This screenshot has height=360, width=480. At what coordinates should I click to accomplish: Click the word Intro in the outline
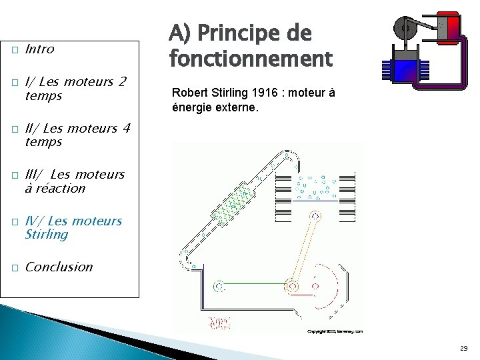click(39, 49)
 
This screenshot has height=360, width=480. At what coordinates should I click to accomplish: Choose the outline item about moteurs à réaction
click(74, 181)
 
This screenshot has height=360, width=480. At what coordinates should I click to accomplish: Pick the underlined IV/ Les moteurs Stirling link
click(73, 227)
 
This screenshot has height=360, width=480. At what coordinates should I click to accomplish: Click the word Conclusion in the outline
click(59, 267)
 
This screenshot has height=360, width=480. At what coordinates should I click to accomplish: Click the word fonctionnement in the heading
click(250, 59)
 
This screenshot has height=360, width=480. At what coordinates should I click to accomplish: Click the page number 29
click(463, 348)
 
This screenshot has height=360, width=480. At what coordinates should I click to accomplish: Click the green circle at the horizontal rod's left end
click(219, 287)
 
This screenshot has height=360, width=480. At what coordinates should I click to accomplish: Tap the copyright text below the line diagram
click(335, 331)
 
